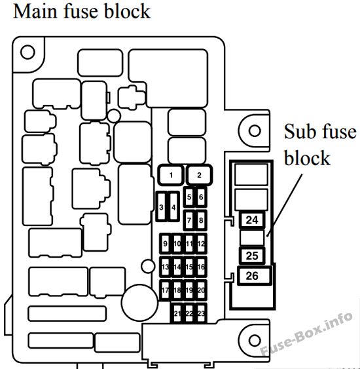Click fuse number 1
(171, 175)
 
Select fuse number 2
(199, 175)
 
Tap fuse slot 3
(161, 207)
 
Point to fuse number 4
(173, 207)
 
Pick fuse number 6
(201, 197)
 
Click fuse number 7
(189, 220)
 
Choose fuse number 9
(165, 244)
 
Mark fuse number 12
(201, 244)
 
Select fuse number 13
(165, 267)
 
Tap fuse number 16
(201, 267)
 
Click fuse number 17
(165, 290)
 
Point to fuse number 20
(201, 290)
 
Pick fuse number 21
(177, 313)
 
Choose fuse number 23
(201, 313)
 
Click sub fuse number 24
(252, 220)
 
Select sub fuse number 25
(252, 256)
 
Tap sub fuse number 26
(255, 276)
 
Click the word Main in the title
(35, 11)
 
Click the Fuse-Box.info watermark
(307, 334)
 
